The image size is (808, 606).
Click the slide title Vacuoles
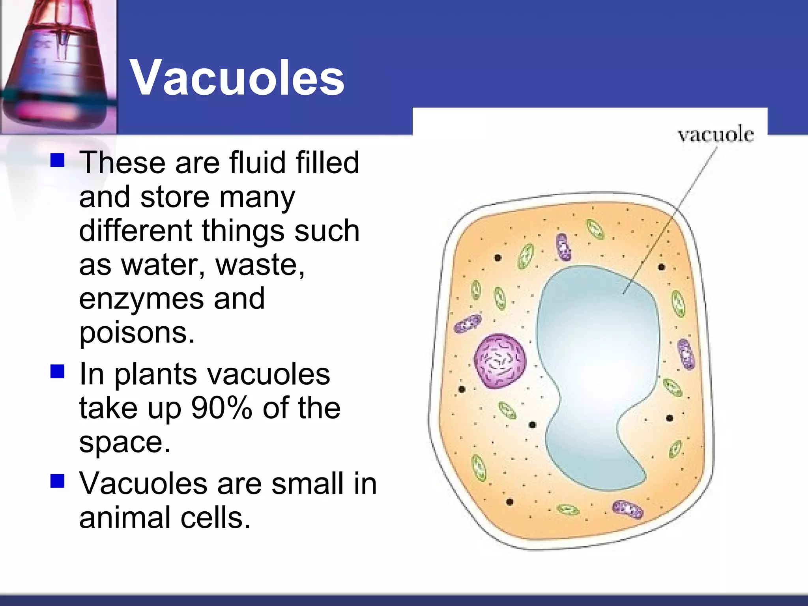pyautogui.click(x=237, y=77)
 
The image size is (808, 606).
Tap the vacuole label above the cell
pyautogui.click(x=715, y=135)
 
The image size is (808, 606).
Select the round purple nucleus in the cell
pyautogui.click(x=500, y=361)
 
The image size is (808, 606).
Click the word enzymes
pyautogui.click(x=141, y=299)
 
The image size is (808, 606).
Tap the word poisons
pyautogui.click(x=137, y=333)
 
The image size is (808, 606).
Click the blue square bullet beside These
pyautogui.click(x=58, y=161)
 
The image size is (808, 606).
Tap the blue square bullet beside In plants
pyautogui.click(x=58, y=372)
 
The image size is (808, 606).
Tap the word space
pyautogui.click(x=125, y=442)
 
